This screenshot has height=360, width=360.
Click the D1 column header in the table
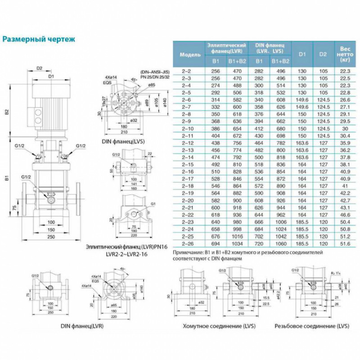point(302,54)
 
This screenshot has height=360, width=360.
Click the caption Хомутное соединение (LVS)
point(211,326)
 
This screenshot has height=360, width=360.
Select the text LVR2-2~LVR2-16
point(118,254)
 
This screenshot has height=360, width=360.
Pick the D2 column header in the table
point(323,54)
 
